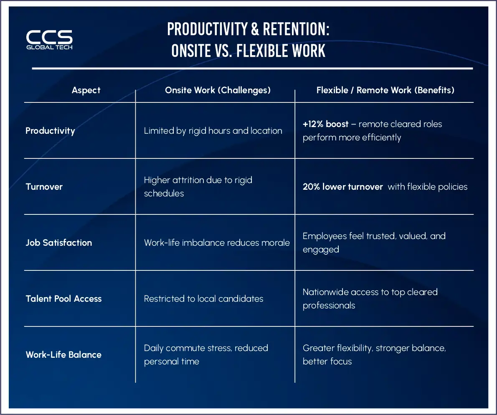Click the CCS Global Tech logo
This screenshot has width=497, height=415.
49,40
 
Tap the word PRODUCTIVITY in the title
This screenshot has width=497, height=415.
208,29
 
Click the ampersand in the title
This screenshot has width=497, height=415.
255,29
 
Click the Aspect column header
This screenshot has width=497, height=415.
86,90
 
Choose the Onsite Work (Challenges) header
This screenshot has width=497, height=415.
218,90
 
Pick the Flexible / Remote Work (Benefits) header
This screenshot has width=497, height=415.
385,90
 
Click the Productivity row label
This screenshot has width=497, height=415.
50,131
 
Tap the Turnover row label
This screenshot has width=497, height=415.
44,186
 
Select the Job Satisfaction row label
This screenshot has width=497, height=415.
58,243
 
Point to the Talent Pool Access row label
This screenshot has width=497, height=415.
64,298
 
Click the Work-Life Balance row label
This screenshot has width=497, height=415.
64,354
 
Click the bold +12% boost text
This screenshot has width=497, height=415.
325,124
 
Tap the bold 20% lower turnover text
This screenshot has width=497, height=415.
342,186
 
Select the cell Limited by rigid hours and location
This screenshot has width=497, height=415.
213,131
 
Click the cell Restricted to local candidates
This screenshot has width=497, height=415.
203,298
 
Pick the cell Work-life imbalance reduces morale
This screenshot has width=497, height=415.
217,243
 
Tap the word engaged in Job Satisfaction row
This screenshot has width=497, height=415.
321,250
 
